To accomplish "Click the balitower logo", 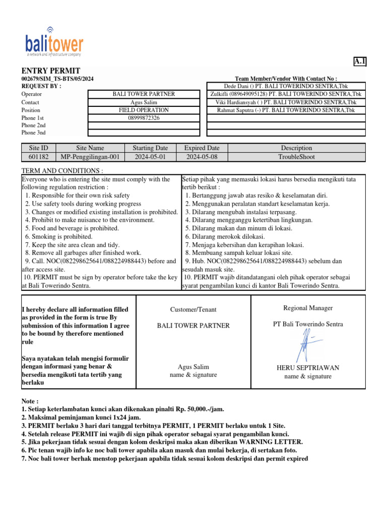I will [x=54, y=42].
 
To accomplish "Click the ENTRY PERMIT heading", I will [x=50, y=71].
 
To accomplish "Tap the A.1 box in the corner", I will [x=360, y=61].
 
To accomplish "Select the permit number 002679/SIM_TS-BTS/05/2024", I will [x=57, y=79].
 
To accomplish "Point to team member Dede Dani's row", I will [x=286, y=86].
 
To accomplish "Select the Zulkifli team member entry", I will [x=286, y=94].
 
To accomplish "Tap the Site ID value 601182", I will [x=38, y=157].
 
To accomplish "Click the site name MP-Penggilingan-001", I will [x=90, y=157].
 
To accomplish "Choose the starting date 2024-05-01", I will [x=150, y=157].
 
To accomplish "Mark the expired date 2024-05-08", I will [x=202, y=157].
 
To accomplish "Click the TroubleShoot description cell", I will [x=296, y=157].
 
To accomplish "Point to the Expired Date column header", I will [x=202, y=148].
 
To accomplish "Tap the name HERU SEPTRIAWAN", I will [x=307, y=368].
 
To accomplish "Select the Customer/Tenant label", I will [x=193, y=309].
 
